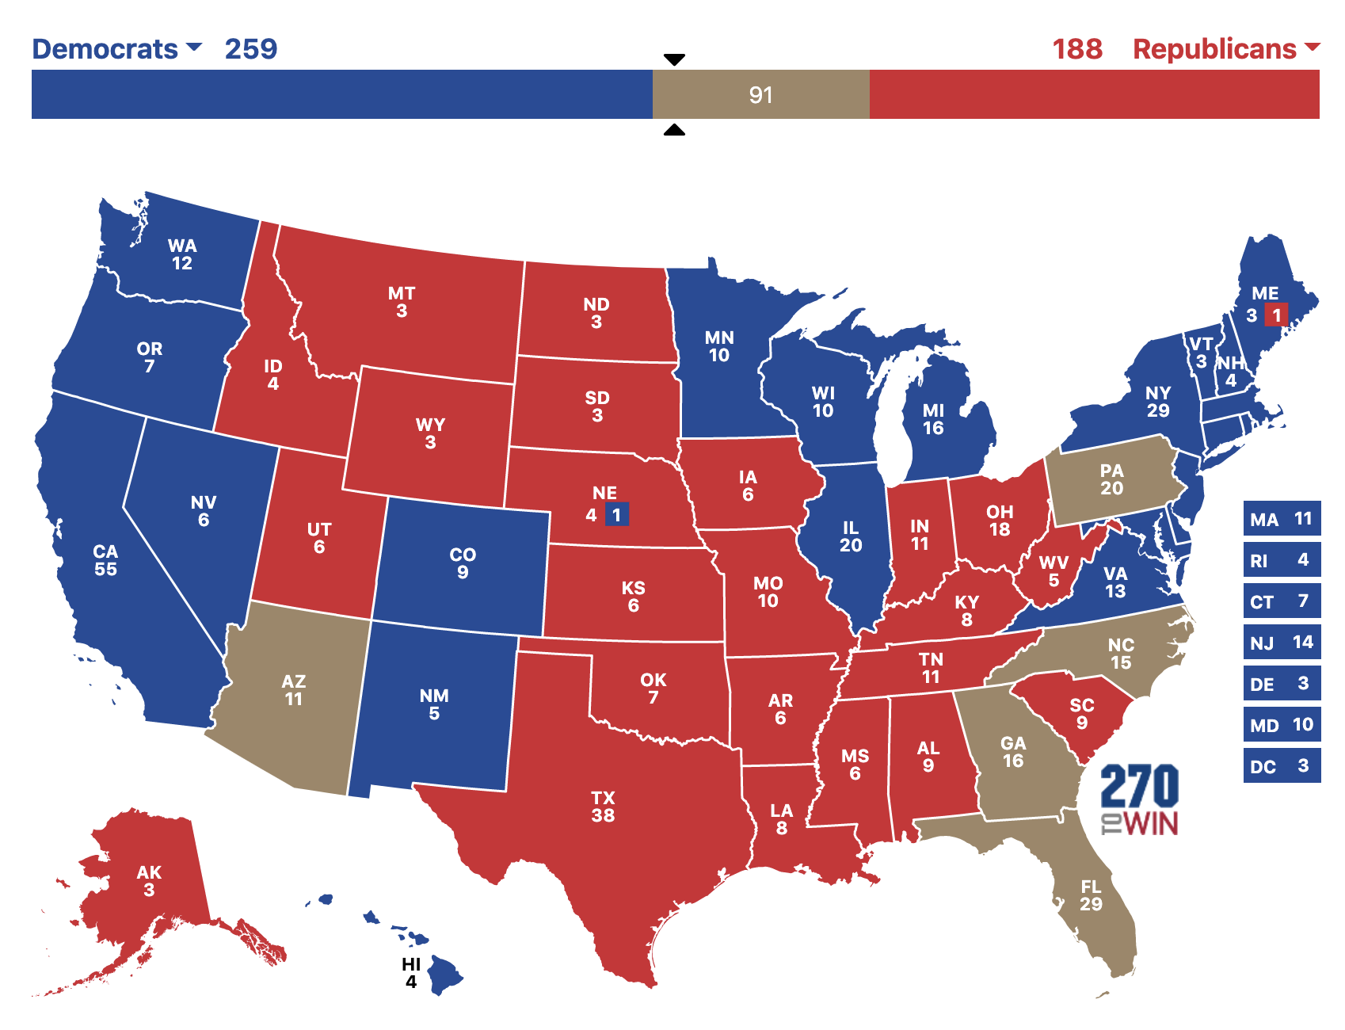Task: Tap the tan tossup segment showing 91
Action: tap(760, 95)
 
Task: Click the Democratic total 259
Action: tap(250, 49)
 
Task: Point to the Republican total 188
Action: tap(1076, 49)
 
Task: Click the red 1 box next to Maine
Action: tap(1276, 315)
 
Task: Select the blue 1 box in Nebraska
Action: tap(617, 515)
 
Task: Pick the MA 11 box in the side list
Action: tap(1281, 519)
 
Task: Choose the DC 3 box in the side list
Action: tap(1281, 766)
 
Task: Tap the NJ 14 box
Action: tap(1281, 643)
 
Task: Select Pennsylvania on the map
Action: tap(1111, 480)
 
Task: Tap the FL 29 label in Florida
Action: tap(1091, 895)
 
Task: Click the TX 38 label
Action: tap(603, 807)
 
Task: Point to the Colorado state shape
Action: tap(462, 563)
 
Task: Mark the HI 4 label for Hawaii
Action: tap(410, 973)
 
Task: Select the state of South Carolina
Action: tap(1081, 713)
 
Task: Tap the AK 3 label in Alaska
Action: tap(148, 881)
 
